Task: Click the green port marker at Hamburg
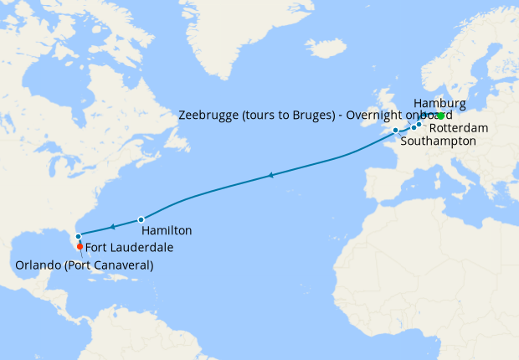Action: [x=440, y=116]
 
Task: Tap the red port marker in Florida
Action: [x=80, y=246]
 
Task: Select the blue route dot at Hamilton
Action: [x=141, y=219]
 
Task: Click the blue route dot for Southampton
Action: [x=395, y=131]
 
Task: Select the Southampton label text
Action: [x=439, y=141]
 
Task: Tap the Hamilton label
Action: [x=167, y=230]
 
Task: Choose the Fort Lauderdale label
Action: [x=127, y=247]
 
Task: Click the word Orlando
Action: [x=39, y=265]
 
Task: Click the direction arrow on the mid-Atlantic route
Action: [x=270, y=175]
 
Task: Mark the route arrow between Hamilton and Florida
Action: [x=111, y=227]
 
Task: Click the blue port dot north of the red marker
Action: [x=78, y=237]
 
